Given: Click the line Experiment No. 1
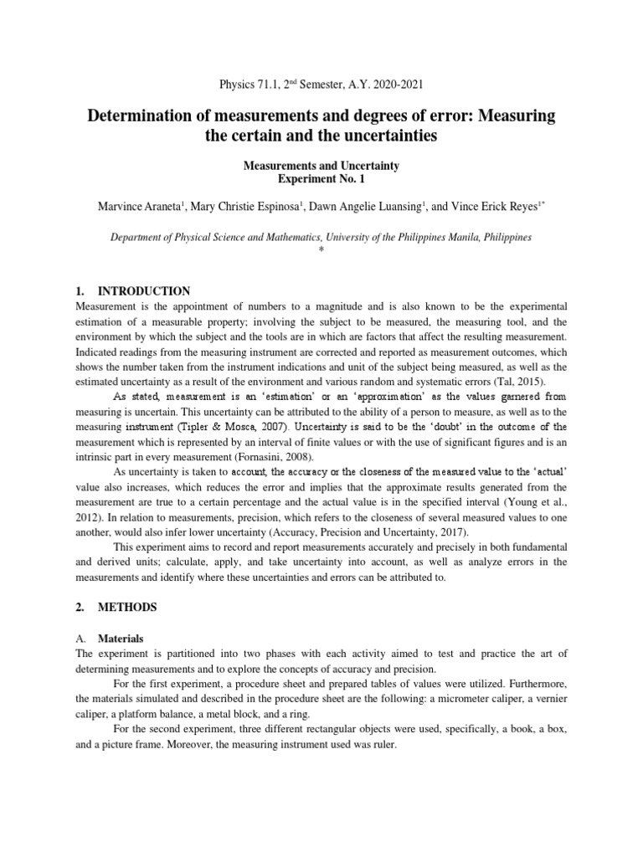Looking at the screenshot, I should pos(321,179).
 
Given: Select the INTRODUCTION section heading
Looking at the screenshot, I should pos(145,291).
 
